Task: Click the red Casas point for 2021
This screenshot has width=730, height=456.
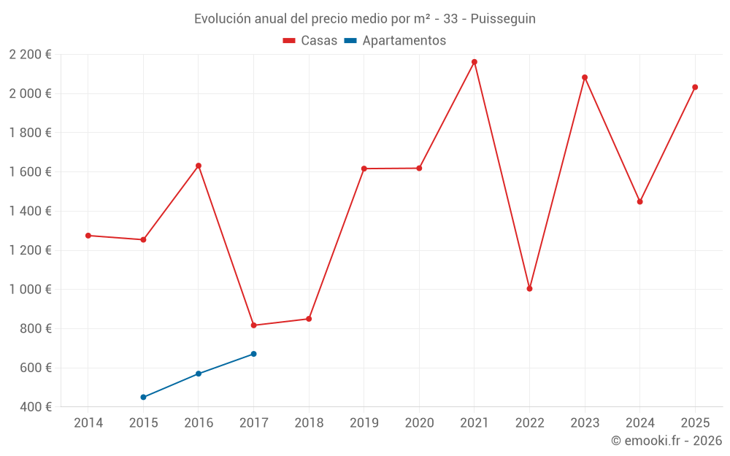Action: [x=474, y=62]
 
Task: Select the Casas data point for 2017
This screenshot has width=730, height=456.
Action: [x=253, y=325]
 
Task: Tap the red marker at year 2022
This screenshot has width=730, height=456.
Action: [x=529, y=289]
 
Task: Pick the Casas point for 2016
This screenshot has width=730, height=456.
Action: [x=199, y=166]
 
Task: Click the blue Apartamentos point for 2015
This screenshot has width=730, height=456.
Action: [x=143, y=398]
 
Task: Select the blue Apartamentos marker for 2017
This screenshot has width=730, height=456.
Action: [x=253, y=354]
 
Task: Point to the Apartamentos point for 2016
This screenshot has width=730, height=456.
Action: [x=199, y=374]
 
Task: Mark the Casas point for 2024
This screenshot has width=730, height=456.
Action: [x=639, y=201]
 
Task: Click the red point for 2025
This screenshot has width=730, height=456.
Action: [x=695, y=88]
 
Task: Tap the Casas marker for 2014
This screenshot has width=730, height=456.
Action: [x=88, y=236]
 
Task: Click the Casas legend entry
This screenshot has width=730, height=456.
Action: [x=310, y=41]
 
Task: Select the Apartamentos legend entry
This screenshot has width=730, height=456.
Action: [x=395, y=41]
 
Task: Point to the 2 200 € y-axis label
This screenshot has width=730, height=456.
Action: [x=30, y=55]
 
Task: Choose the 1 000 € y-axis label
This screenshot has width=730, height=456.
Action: [x=30, y=290]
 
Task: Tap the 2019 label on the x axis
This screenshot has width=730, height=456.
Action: [x=364, y=423]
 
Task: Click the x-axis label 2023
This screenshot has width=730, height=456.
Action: [x=585, y=423]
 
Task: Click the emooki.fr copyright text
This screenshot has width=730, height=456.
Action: [x=666, y=441]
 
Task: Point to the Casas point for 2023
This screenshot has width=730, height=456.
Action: [x=585, y=77]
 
